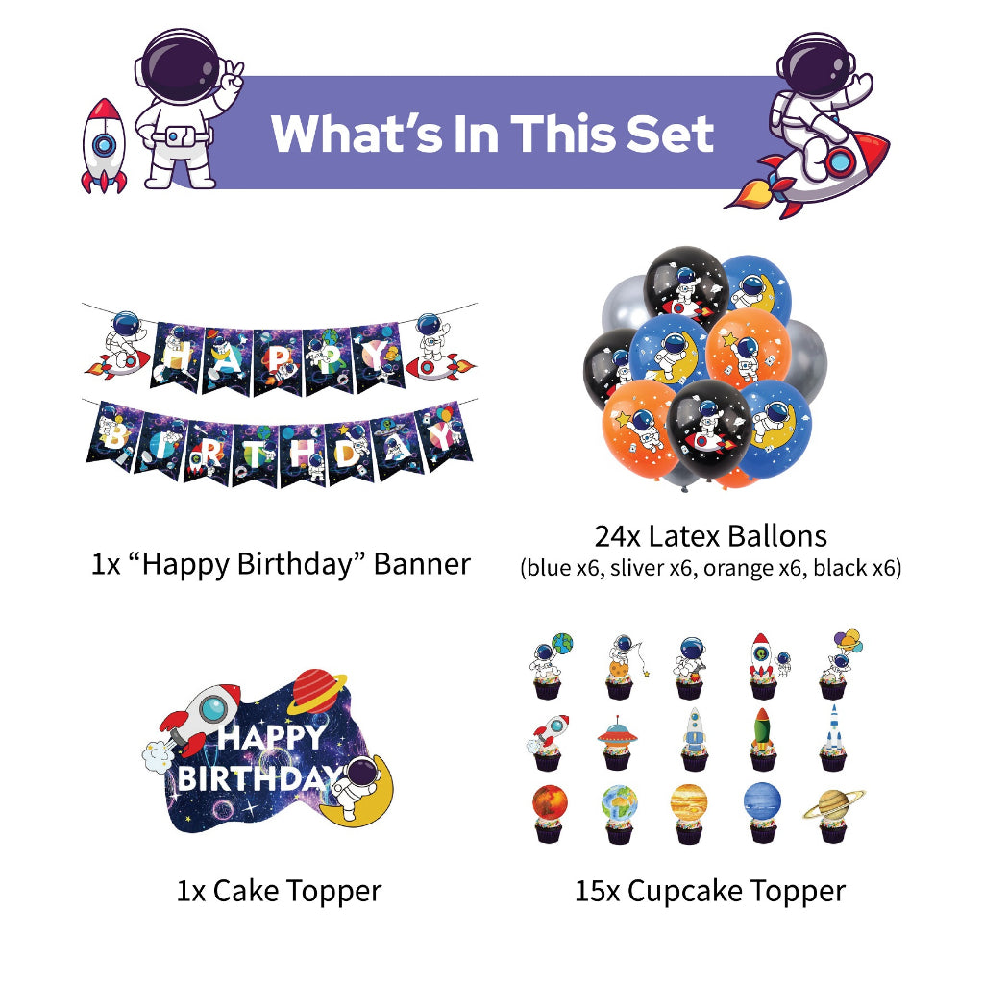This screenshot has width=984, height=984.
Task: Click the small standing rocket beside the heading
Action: coord(104,146)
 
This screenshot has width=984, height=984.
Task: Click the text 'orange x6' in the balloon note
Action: coord(751,568)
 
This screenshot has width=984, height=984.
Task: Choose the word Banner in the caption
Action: coord(422,563)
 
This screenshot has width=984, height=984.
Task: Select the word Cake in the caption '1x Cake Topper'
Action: coord(247,891)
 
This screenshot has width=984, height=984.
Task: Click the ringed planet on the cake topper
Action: coord(319,691)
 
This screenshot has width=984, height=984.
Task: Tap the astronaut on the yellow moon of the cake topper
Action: coord(360,783)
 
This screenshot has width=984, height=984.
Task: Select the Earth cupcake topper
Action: coord(618,807)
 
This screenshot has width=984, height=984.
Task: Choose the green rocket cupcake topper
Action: coord(761,736)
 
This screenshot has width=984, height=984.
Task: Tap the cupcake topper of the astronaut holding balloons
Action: coord(838,658)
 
